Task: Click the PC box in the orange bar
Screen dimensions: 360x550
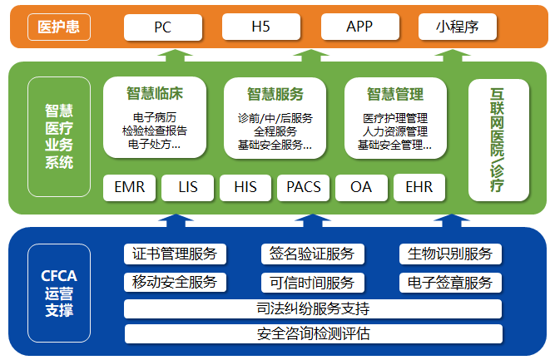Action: click(162, 27)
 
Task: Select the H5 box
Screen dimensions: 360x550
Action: click(261, 27)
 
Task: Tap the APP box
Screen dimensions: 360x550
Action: click(359, 27)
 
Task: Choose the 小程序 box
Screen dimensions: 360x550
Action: click(457, 27)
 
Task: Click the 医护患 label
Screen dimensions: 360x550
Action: click(58, 27)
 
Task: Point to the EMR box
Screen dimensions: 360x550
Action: click(129, 187)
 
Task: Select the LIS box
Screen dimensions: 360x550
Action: click(188, 187)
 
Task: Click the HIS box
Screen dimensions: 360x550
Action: click(245, 187)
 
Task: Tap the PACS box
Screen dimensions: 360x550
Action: click(303, 187)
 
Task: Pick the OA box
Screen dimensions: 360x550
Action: click(361, 187)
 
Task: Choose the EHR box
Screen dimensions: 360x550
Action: click(419, 187)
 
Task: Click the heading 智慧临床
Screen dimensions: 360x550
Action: click(156, 94)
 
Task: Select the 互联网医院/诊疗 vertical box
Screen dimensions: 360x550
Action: click(498, 140)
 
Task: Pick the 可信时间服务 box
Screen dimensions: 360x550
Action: click(312, 283)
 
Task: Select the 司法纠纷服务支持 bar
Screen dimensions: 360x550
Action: click(313, 309)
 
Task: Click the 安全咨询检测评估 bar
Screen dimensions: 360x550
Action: click(313, 334)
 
